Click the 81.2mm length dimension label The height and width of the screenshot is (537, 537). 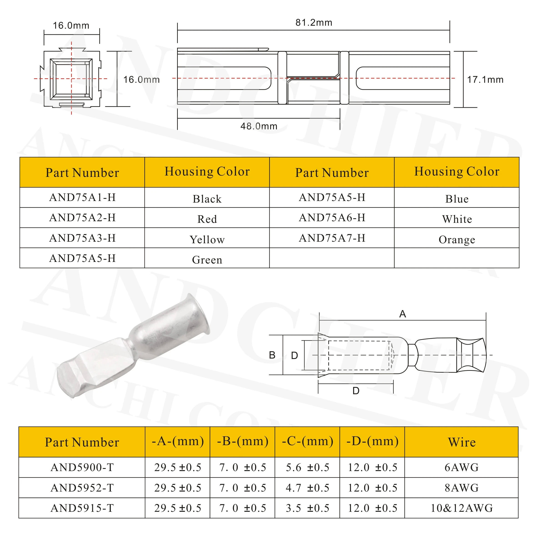314,23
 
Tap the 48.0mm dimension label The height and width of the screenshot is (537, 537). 259,126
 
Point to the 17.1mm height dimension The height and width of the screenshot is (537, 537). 485,80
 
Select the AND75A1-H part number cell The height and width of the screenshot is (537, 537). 82,197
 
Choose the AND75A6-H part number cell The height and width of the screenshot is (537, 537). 332,218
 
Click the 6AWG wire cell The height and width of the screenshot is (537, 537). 461,467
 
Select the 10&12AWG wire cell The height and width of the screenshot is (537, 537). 461,508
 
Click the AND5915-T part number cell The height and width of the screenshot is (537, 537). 82,508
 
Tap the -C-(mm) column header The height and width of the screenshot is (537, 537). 307,441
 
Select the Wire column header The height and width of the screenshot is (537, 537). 461,442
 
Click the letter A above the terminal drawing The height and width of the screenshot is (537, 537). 402,314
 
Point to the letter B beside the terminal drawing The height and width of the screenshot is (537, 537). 272,355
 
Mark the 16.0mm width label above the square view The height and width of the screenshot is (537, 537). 71,25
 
